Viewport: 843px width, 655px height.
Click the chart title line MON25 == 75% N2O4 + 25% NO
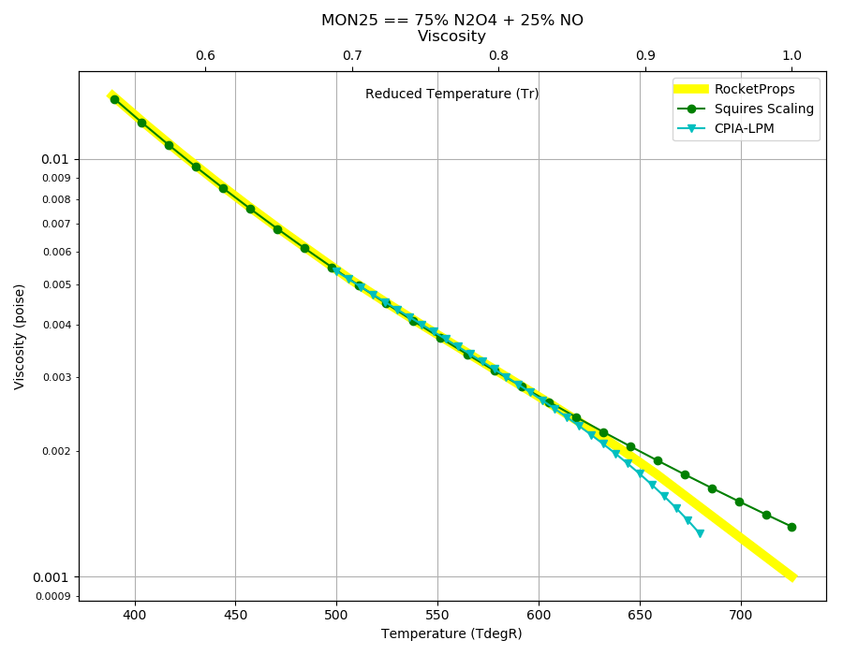click(x=452, y=20)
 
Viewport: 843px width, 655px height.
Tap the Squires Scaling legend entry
click(x=746, y=109)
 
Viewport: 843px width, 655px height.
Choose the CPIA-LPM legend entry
click(x=726, y=128)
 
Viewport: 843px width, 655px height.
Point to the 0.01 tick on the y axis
click(x=55, y=159)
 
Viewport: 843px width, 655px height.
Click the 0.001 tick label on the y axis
click(x=52, y=577)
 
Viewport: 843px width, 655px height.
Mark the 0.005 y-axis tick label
click(x=56, y=284)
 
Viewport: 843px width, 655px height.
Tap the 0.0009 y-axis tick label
click(x=53, y=596)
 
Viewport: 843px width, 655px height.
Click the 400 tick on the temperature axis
click(x=135, y=616)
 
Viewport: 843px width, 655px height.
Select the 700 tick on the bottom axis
click(x=741, y=616)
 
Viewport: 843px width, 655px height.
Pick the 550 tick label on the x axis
click(x=437, y=616)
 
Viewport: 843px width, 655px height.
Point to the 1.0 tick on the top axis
click(x=791, y=55)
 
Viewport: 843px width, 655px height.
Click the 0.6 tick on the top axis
click(x=205, y=55)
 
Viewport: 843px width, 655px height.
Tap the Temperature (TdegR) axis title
click(x=451, y=634)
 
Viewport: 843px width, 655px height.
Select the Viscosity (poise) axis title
click(x=20, y=337)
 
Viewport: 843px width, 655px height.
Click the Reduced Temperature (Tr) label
click(x=451, y=94)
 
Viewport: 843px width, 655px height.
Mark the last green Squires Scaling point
click(x=791, y=527)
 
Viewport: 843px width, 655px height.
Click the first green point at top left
click(x=114, y=99)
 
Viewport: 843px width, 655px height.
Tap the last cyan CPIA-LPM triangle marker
click(x=700, y=533)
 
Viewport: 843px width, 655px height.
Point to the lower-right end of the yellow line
click(x=793, y=577)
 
